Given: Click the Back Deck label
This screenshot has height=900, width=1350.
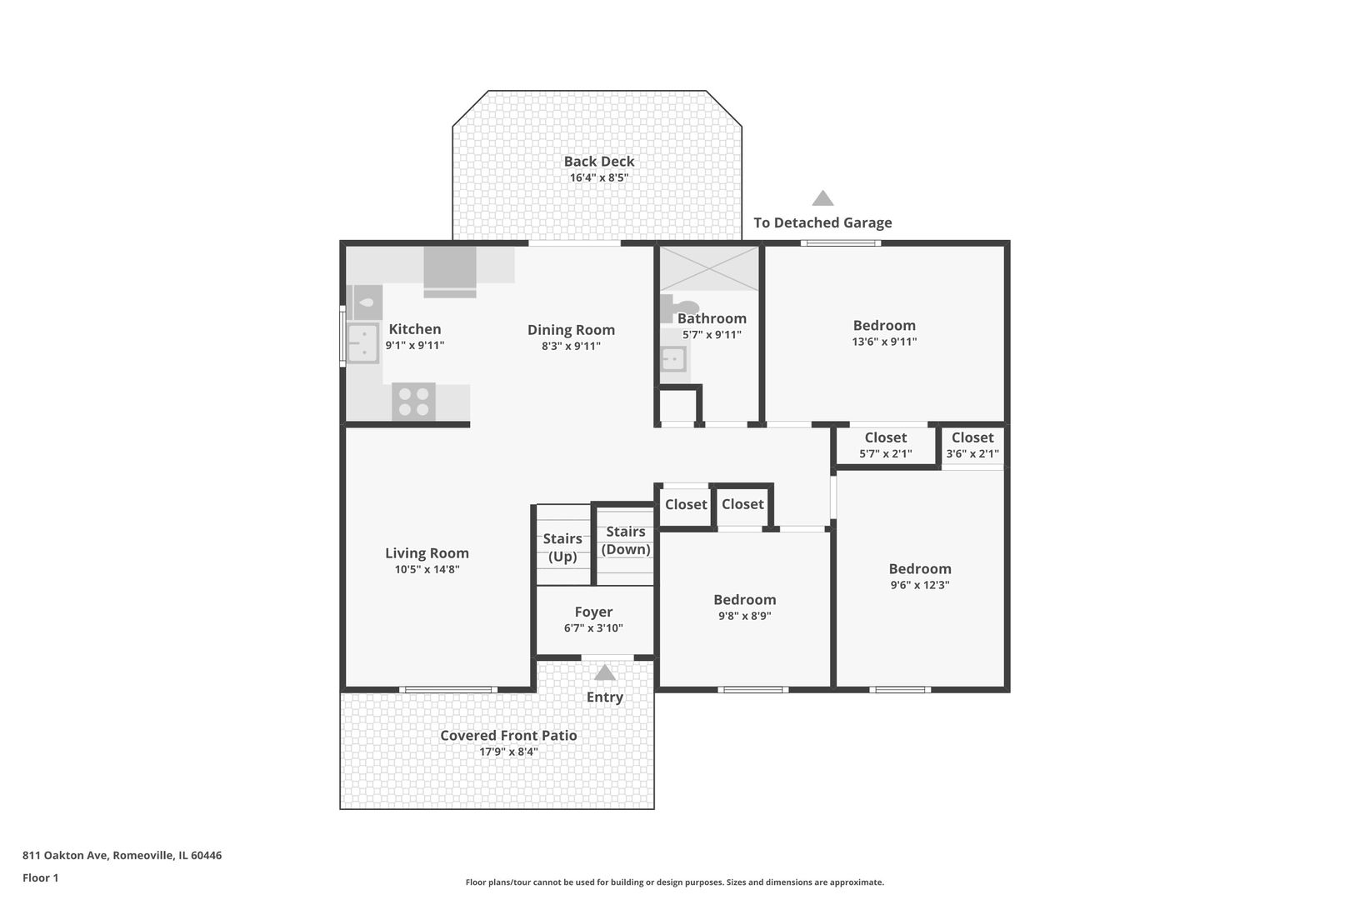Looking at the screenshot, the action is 599,162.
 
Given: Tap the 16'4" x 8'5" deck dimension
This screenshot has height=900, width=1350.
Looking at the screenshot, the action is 599,177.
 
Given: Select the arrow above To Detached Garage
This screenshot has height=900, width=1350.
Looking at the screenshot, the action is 822,198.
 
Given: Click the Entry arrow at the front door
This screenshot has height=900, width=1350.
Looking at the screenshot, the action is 604,672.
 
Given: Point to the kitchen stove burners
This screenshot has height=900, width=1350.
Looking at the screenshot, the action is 413,402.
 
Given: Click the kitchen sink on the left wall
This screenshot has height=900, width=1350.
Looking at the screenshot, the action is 362,343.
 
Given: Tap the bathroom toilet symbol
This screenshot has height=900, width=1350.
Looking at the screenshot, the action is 679,308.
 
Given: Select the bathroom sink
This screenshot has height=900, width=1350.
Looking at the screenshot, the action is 673,360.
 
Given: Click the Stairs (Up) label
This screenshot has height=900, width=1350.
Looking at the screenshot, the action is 562,547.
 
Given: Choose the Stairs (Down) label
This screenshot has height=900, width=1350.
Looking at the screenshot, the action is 626,540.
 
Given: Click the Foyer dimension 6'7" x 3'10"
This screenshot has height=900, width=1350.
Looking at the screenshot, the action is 593,628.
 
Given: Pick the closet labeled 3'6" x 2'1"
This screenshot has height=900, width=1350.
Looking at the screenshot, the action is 972,446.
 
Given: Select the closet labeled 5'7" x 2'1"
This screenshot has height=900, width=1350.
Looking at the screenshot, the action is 886,446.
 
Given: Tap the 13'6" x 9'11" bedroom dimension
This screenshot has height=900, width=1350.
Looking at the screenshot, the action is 884,342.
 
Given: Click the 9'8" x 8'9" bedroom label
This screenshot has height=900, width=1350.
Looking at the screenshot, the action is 745,607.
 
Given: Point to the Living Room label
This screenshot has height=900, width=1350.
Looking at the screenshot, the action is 427,553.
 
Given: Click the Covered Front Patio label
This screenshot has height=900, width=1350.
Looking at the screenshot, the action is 508,736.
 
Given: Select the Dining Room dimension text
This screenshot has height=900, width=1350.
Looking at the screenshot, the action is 571,346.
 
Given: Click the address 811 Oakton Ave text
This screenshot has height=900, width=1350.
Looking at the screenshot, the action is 65,855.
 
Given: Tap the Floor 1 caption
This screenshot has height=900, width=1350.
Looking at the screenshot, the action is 40,877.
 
